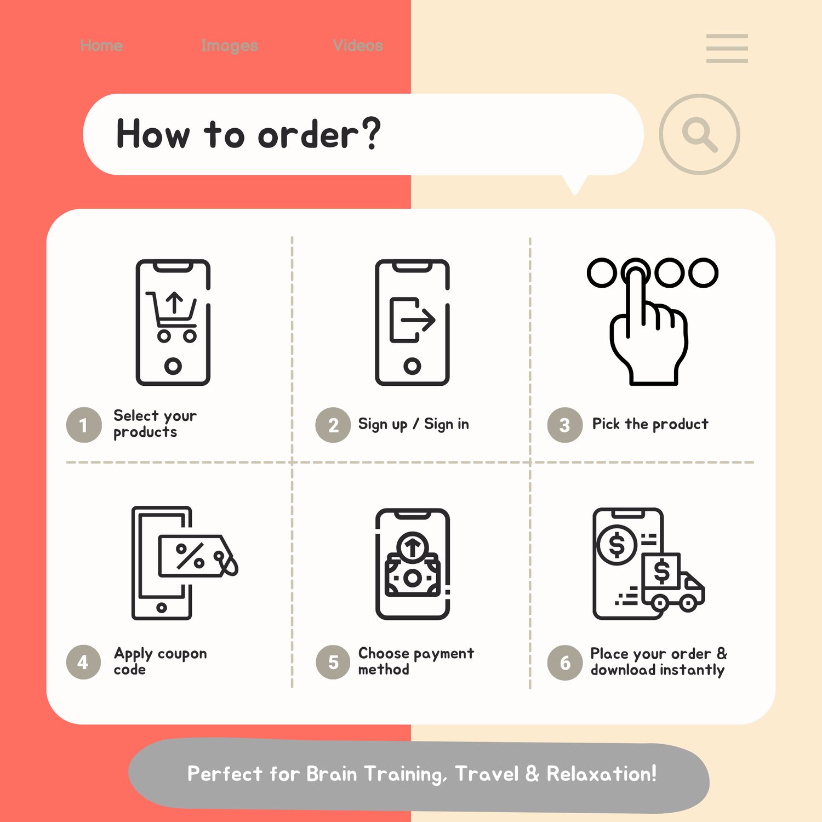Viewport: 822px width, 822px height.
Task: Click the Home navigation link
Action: point(101,45)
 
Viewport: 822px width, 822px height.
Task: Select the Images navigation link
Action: point(230,46)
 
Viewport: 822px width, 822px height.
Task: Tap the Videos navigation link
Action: point(358,45)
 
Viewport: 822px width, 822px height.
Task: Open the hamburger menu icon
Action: point(727,48)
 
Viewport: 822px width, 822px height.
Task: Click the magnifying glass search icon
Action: point(699,134)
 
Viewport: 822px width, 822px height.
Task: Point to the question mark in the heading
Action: point(371,133)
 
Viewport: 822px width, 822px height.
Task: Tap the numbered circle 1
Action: point(84,425)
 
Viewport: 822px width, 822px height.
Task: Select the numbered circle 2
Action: point(333,425)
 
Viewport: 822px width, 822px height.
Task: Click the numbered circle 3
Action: point(565,425)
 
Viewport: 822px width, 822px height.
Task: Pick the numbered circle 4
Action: point(84,662)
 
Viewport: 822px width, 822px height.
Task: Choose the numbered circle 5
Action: point(333,662)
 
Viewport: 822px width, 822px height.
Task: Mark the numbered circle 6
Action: point(565,662)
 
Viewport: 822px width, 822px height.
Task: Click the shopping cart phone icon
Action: point(173,322)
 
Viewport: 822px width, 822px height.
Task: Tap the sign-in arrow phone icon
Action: point(412,322)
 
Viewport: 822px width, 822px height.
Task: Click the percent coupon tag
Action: point(197,556)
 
